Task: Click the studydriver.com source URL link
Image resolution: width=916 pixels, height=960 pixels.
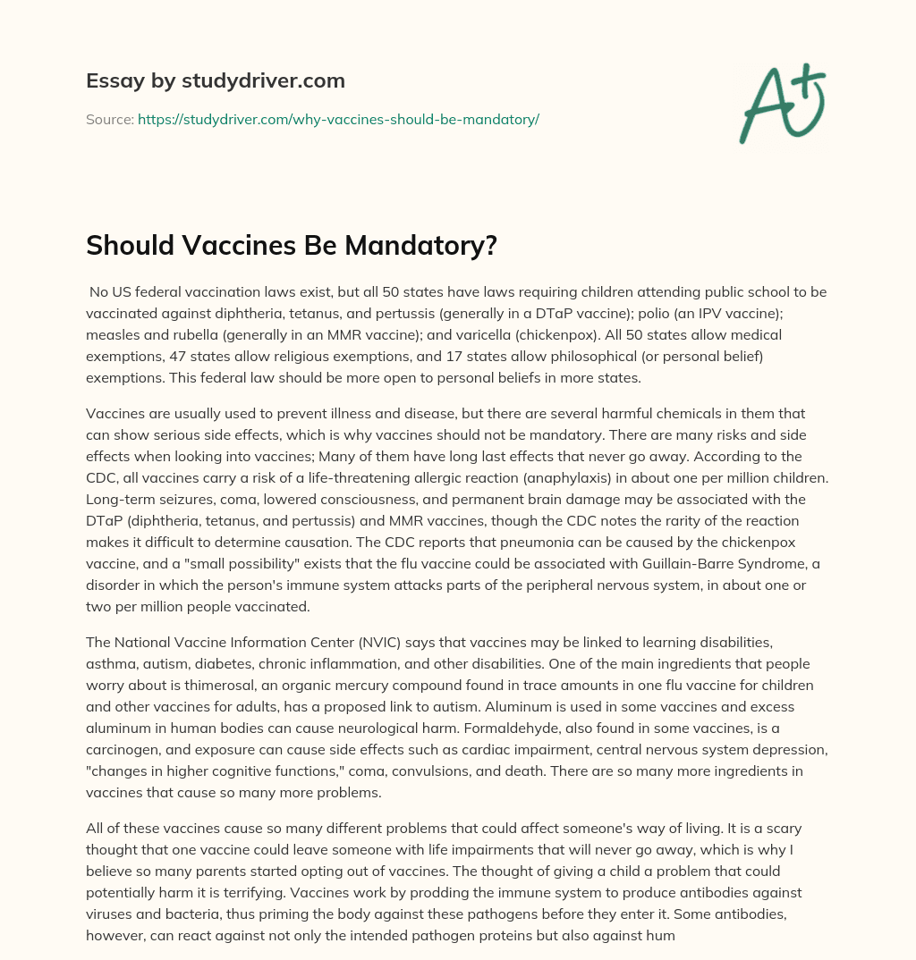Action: point(338,119)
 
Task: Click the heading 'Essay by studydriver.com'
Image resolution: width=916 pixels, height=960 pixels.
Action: point(215,80)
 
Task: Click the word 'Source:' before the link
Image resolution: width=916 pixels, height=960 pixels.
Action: point(109,119)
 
